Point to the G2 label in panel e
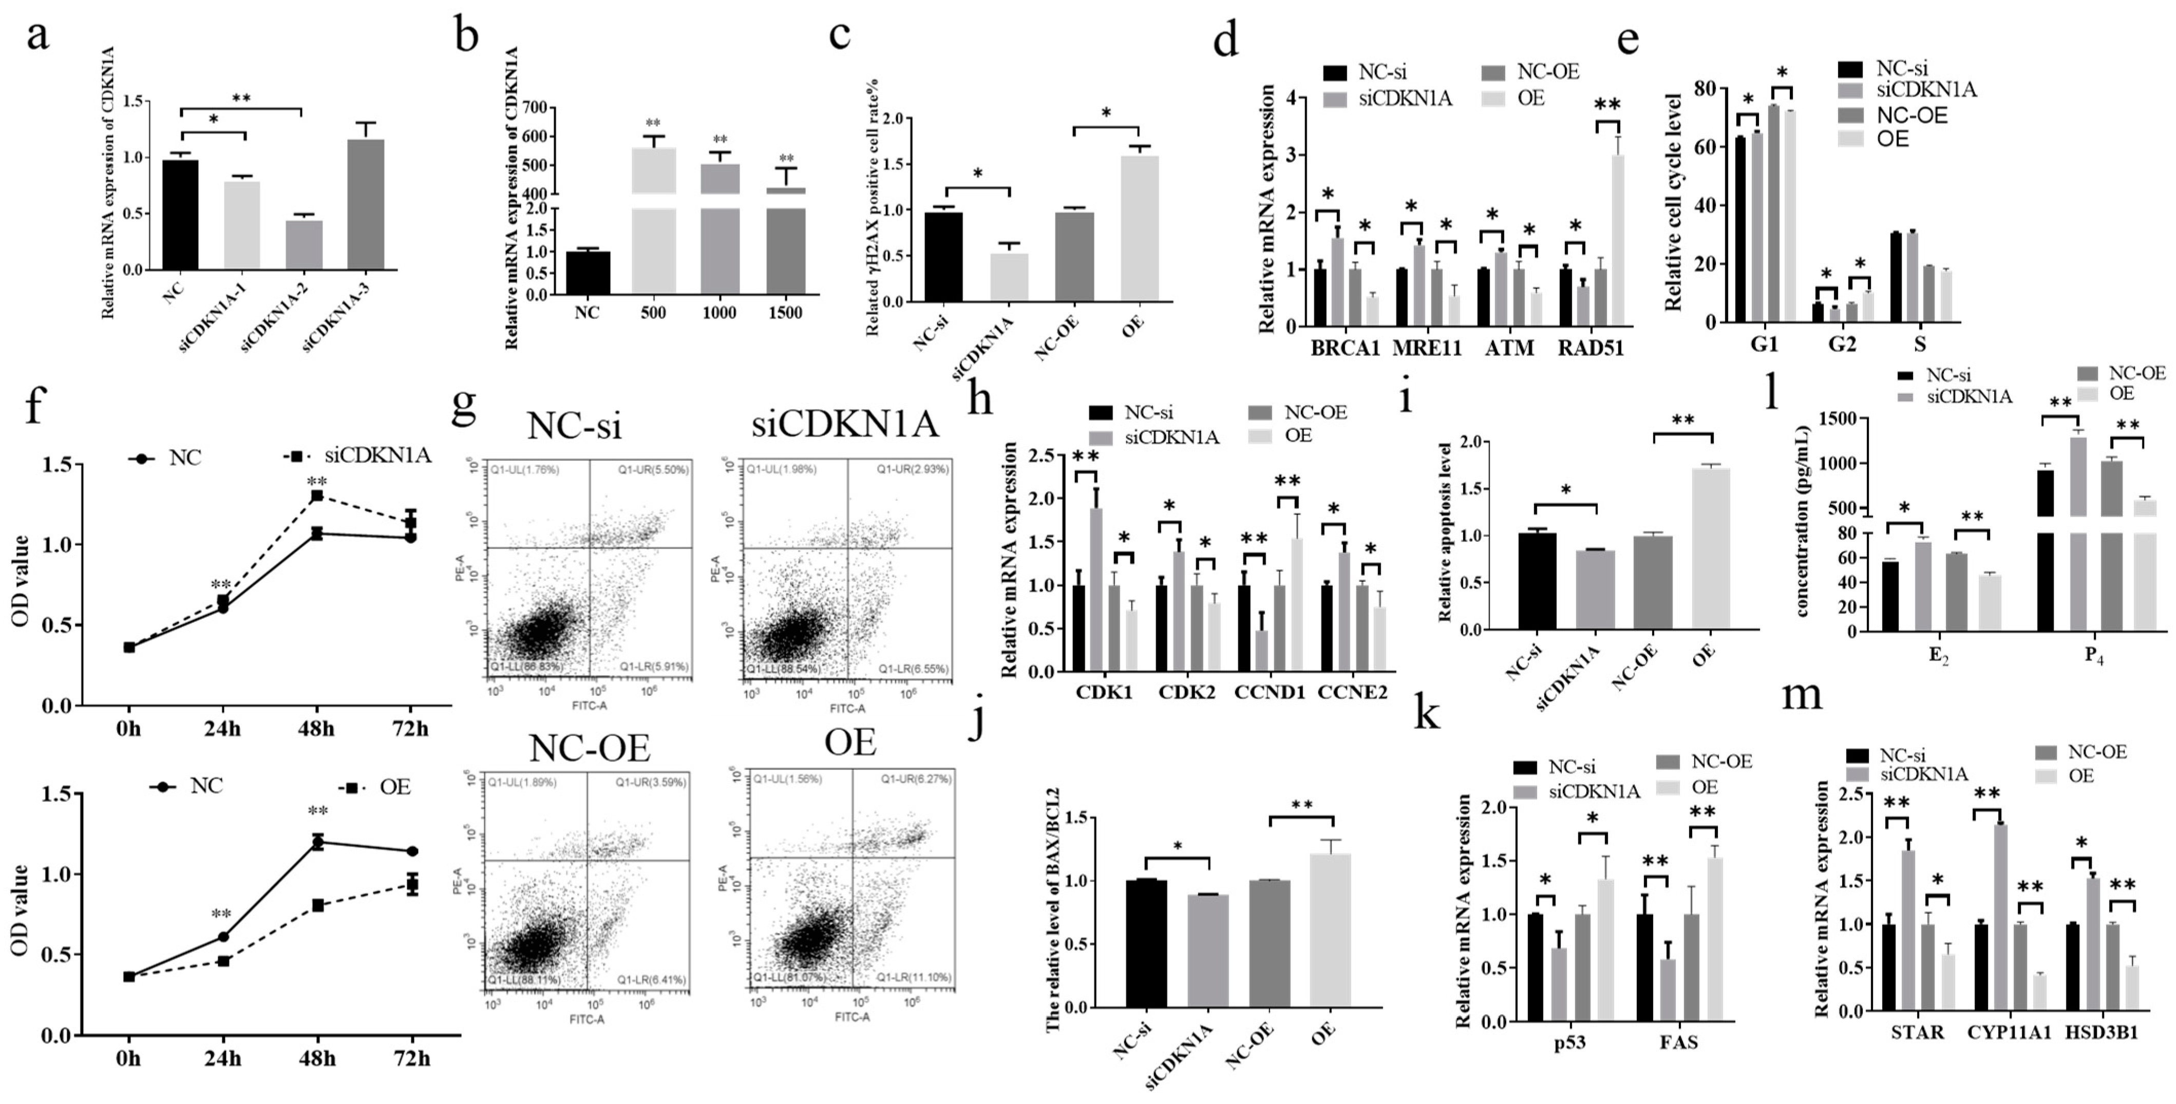pyautogui.click(x=1842, y=345)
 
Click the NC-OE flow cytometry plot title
pyautogui.click(x=590, y=748)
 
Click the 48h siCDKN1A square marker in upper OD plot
pyautogui.click(x=317, y=496)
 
